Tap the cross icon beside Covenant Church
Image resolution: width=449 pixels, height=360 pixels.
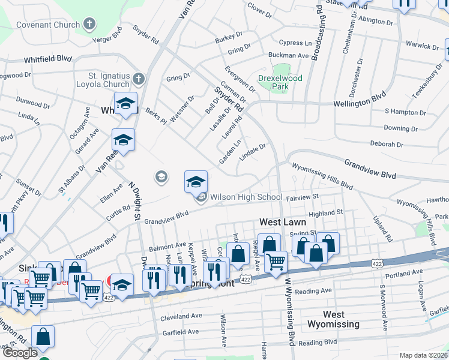tap(89, 25)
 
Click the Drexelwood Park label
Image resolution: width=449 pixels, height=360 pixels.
tap(280, 82)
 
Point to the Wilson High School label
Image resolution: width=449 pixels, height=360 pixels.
tap(246, 197)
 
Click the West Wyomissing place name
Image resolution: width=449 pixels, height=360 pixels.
tap(333, 319)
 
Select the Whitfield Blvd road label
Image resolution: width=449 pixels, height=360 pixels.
tap(47, 59)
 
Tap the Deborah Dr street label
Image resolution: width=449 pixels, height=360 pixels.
tap(386, 145)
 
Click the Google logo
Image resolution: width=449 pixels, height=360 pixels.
tap(19, 353)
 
